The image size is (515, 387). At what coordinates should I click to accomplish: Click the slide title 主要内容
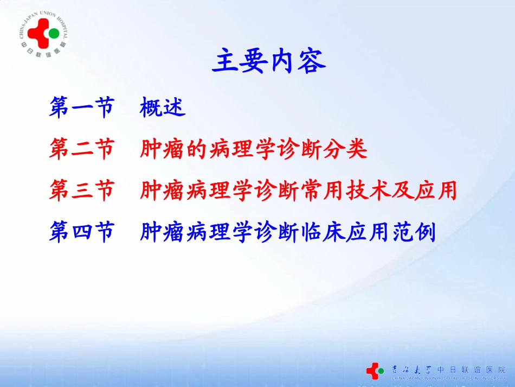click(268, 61)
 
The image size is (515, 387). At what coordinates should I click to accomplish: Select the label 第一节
click(82, 107)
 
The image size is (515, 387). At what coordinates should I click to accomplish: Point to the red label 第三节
click(82, 191)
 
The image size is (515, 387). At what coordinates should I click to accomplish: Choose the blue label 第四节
click(82, 232)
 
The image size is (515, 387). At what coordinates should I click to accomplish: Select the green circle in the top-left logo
click(54, 34)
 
